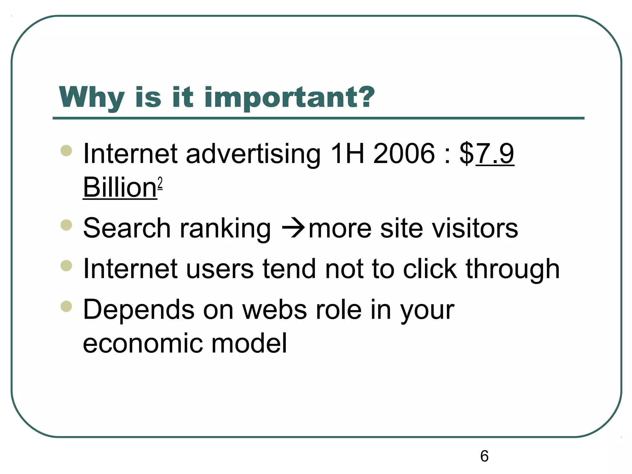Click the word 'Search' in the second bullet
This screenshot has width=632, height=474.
click(127, 228)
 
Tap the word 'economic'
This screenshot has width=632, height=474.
click(143, 343)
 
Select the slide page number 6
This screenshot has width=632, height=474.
click(484, 456)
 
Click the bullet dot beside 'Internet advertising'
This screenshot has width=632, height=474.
click(66, 151)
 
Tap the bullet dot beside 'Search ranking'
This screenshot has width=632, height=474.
click(66, 225)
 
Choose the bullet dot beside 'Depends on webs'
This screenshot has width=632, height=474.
click(66, 306)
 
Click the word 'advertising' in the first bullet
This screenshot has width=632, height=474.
click(253, 154)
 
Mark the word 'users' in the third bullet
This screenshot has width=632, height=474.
click(219, 269)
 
